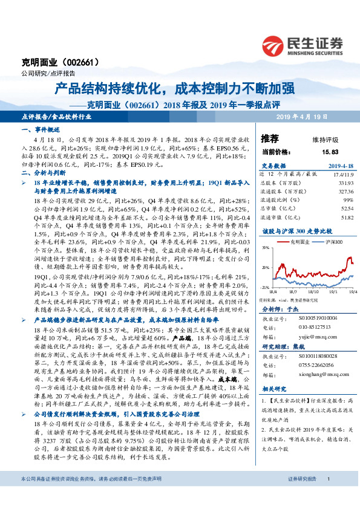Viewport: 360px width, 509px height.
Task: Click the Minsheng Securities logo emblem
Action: pos(275,44)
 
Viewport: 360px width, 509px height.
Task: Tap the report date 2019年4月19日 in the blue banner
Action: pos(301,116)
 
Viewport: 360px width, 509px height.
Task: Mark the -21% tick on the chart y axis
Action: pos(265,287)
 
